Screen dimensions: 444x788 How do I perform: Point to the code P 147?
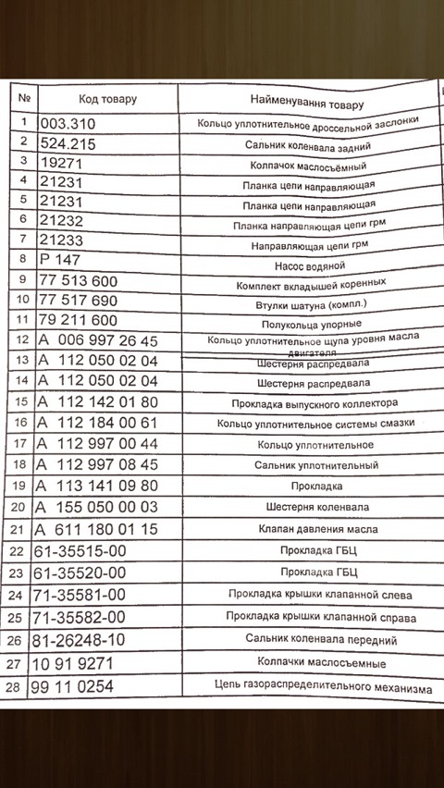(x=64, y=258)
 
